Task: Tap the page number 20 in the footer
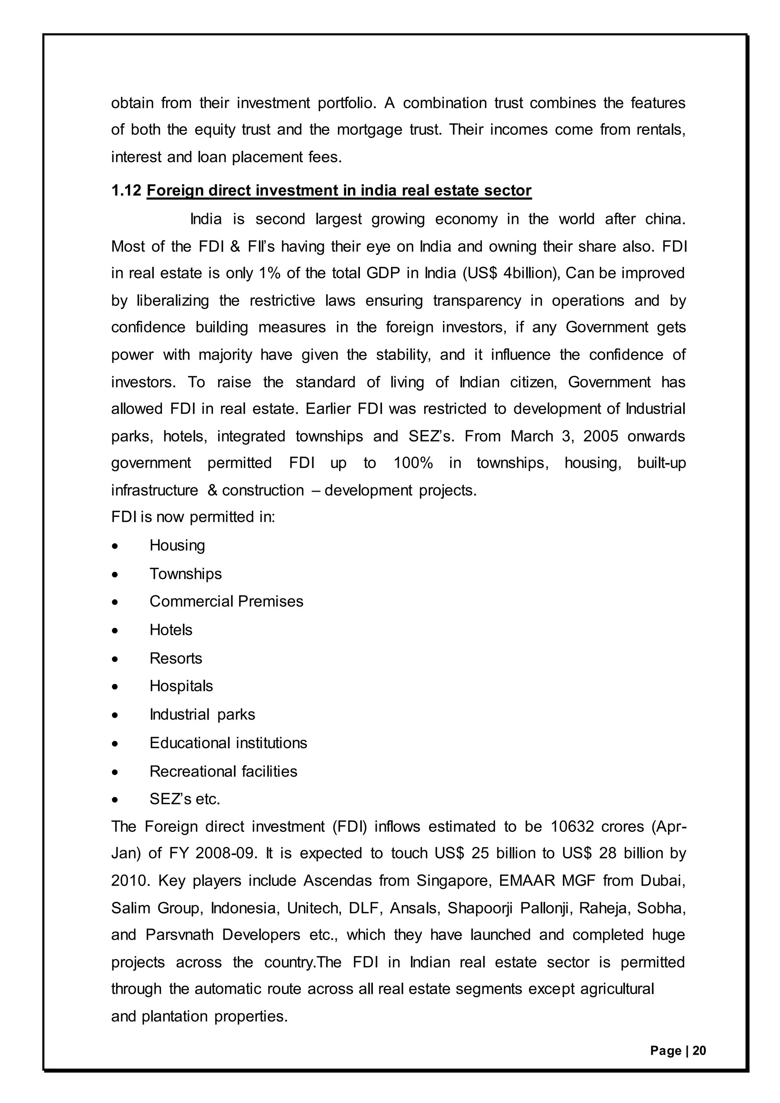click(699, 1051)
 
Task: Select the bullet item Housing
click(177, 545)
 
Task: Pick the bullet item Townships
click(185, 574)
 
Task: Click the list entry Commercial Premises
click(226, 601)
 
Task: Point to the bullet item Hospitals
click(181, 686)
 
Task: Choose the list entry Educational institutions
click(228, 743)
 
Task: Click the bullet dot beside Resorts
click(114, 659)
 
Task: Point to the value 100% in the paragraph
click(413, 463)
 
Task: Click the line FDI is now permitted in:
click(193, 517)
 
